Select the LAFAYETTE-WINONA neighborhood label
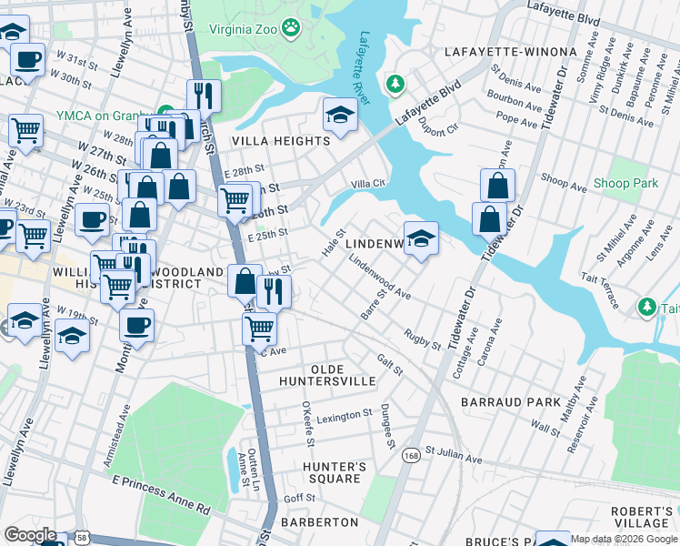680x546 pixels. pyautogui.click(x=510, y=52)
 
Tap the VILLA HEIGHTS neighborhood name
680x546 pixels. pyautogui.click(x=281, y=141)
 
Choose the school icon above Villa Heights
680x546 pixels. pyautogui.click(x=340, y=115)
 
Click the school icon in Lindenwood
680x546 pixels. pyautogui.click(x=421, y=239)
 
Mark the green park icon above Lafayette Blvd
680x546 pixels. pyautogui.click(x=395, y=85)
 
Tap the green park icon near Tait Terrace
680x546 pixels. pyautogui.click(x=646, y=307)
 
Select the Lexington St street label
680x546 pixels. pyautogui.click(x=345, y=415)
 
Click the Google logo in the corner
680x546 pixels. pyautogui.click(x=31, y=535)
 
